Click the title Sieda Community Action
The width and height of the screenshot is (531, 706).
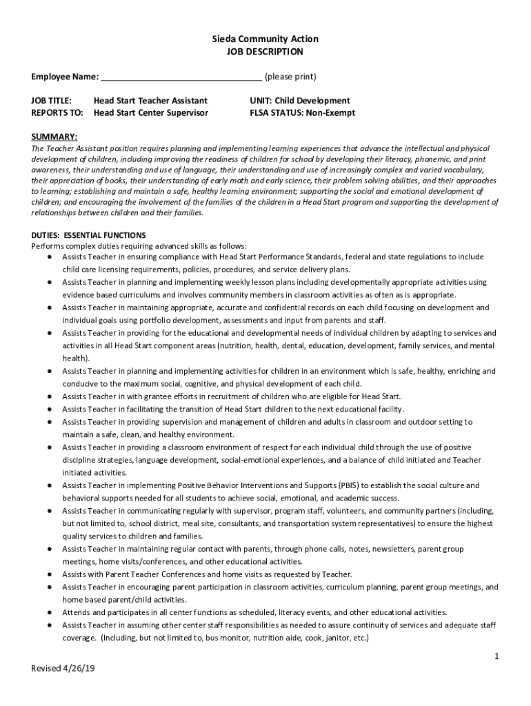(265, 39)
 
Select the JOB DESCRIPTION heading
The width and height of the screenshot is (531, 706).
(265, 52)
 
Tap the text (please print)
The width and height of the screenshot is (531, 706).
(290, 76)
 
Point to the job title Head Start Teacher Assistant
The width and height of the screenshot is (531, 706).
(150, 101)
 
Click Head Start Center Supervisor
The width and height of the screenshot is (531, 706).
(150, 112)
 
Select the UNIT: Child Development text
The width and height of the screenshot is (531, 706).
(299, 101)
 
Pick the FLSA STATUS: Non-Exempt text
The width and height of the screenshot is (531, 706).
(302, 112)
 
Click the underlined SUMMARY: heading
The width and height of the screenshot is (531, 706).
(54, 137)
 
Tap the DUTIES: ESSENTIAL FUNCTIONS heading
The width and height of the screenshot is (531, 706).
(88, 235)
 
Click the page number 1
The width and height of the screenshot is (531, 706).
(496, 657)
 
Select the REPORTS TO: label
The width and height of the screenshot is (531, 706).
(57, 112)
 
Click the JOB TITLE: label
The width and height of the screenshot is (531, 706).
(52, 101)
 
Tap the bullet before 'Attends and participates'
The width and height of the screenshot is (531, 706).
(51, 612)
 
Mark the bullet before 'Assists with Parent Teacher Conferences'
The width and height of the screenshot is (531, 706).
(51, 574)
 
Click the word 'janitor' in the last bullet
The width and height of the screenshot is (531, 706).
(334, 638)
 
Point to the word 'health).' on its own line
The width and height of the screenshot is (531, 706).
(76, 358)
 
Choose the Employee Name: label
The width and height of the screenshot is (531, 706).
(65, 76)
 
